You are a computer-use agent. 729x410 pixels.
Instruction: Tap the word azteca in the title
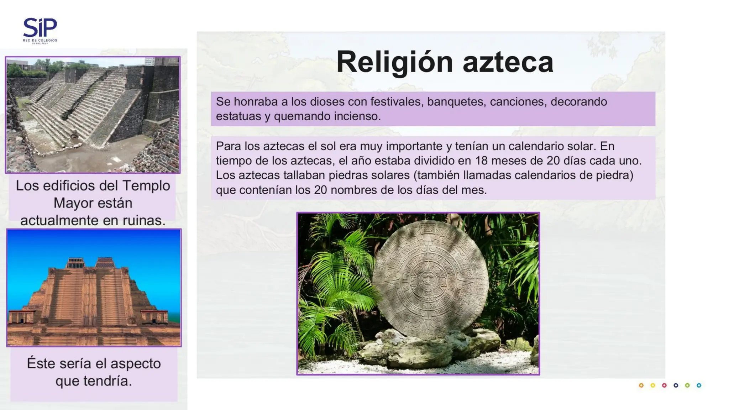(x=508, y=62)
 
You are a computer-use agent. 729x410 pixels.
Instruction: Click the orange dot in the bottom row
(x=641, y=385)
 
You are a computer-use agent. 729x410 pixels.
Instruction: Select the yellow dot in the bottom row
(x=653, y=385)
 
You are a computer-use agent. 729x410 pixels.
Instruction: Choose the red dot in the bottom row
(x=664, y=385)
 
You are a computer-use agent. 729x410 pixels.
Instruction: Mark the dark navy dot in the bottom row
(x=676, y=385)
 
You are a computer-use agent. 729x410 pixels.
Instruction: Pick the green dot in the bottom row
(x=687, y=385)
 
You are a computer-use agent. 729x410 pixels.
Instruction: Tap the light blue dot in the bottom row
(x=699, y=385)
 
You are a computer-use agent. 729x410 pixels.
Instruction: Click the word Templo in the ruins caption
(x=146, y=186)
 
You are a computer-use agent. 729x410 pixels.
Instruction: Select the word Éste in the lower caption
(x=41, y=363)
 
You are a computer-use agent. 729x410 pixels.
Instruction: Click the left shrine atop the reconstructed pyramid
(x=75, y=263)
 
